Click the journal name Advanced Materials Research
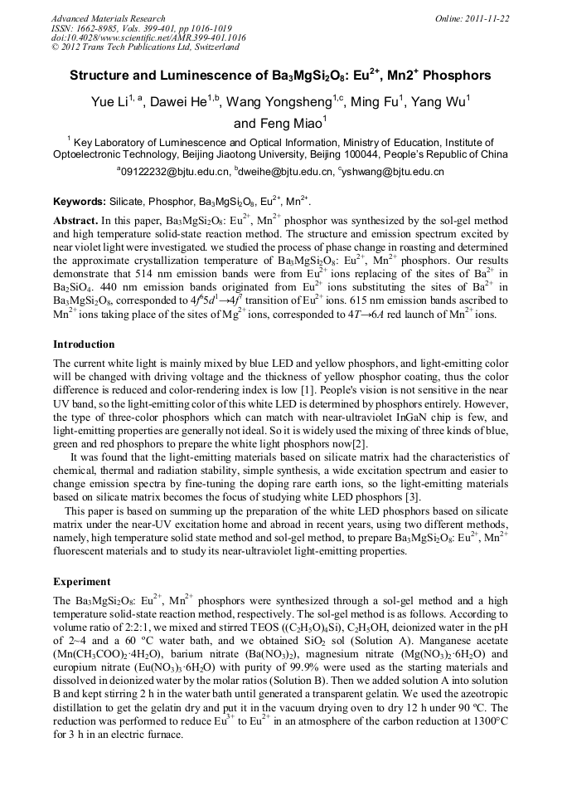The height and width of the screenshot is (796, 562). (108, 18)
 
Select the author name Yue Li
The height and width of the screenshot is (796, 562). (112, 103)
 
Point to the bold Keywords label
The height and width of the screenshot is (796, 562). (80, 202)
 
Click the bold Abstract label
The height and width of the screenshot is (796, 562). (75, 222)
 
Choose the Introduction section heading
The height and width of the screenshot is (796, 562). (84, 344)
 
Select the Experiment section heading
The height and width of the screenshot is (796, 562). (81, 581)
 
